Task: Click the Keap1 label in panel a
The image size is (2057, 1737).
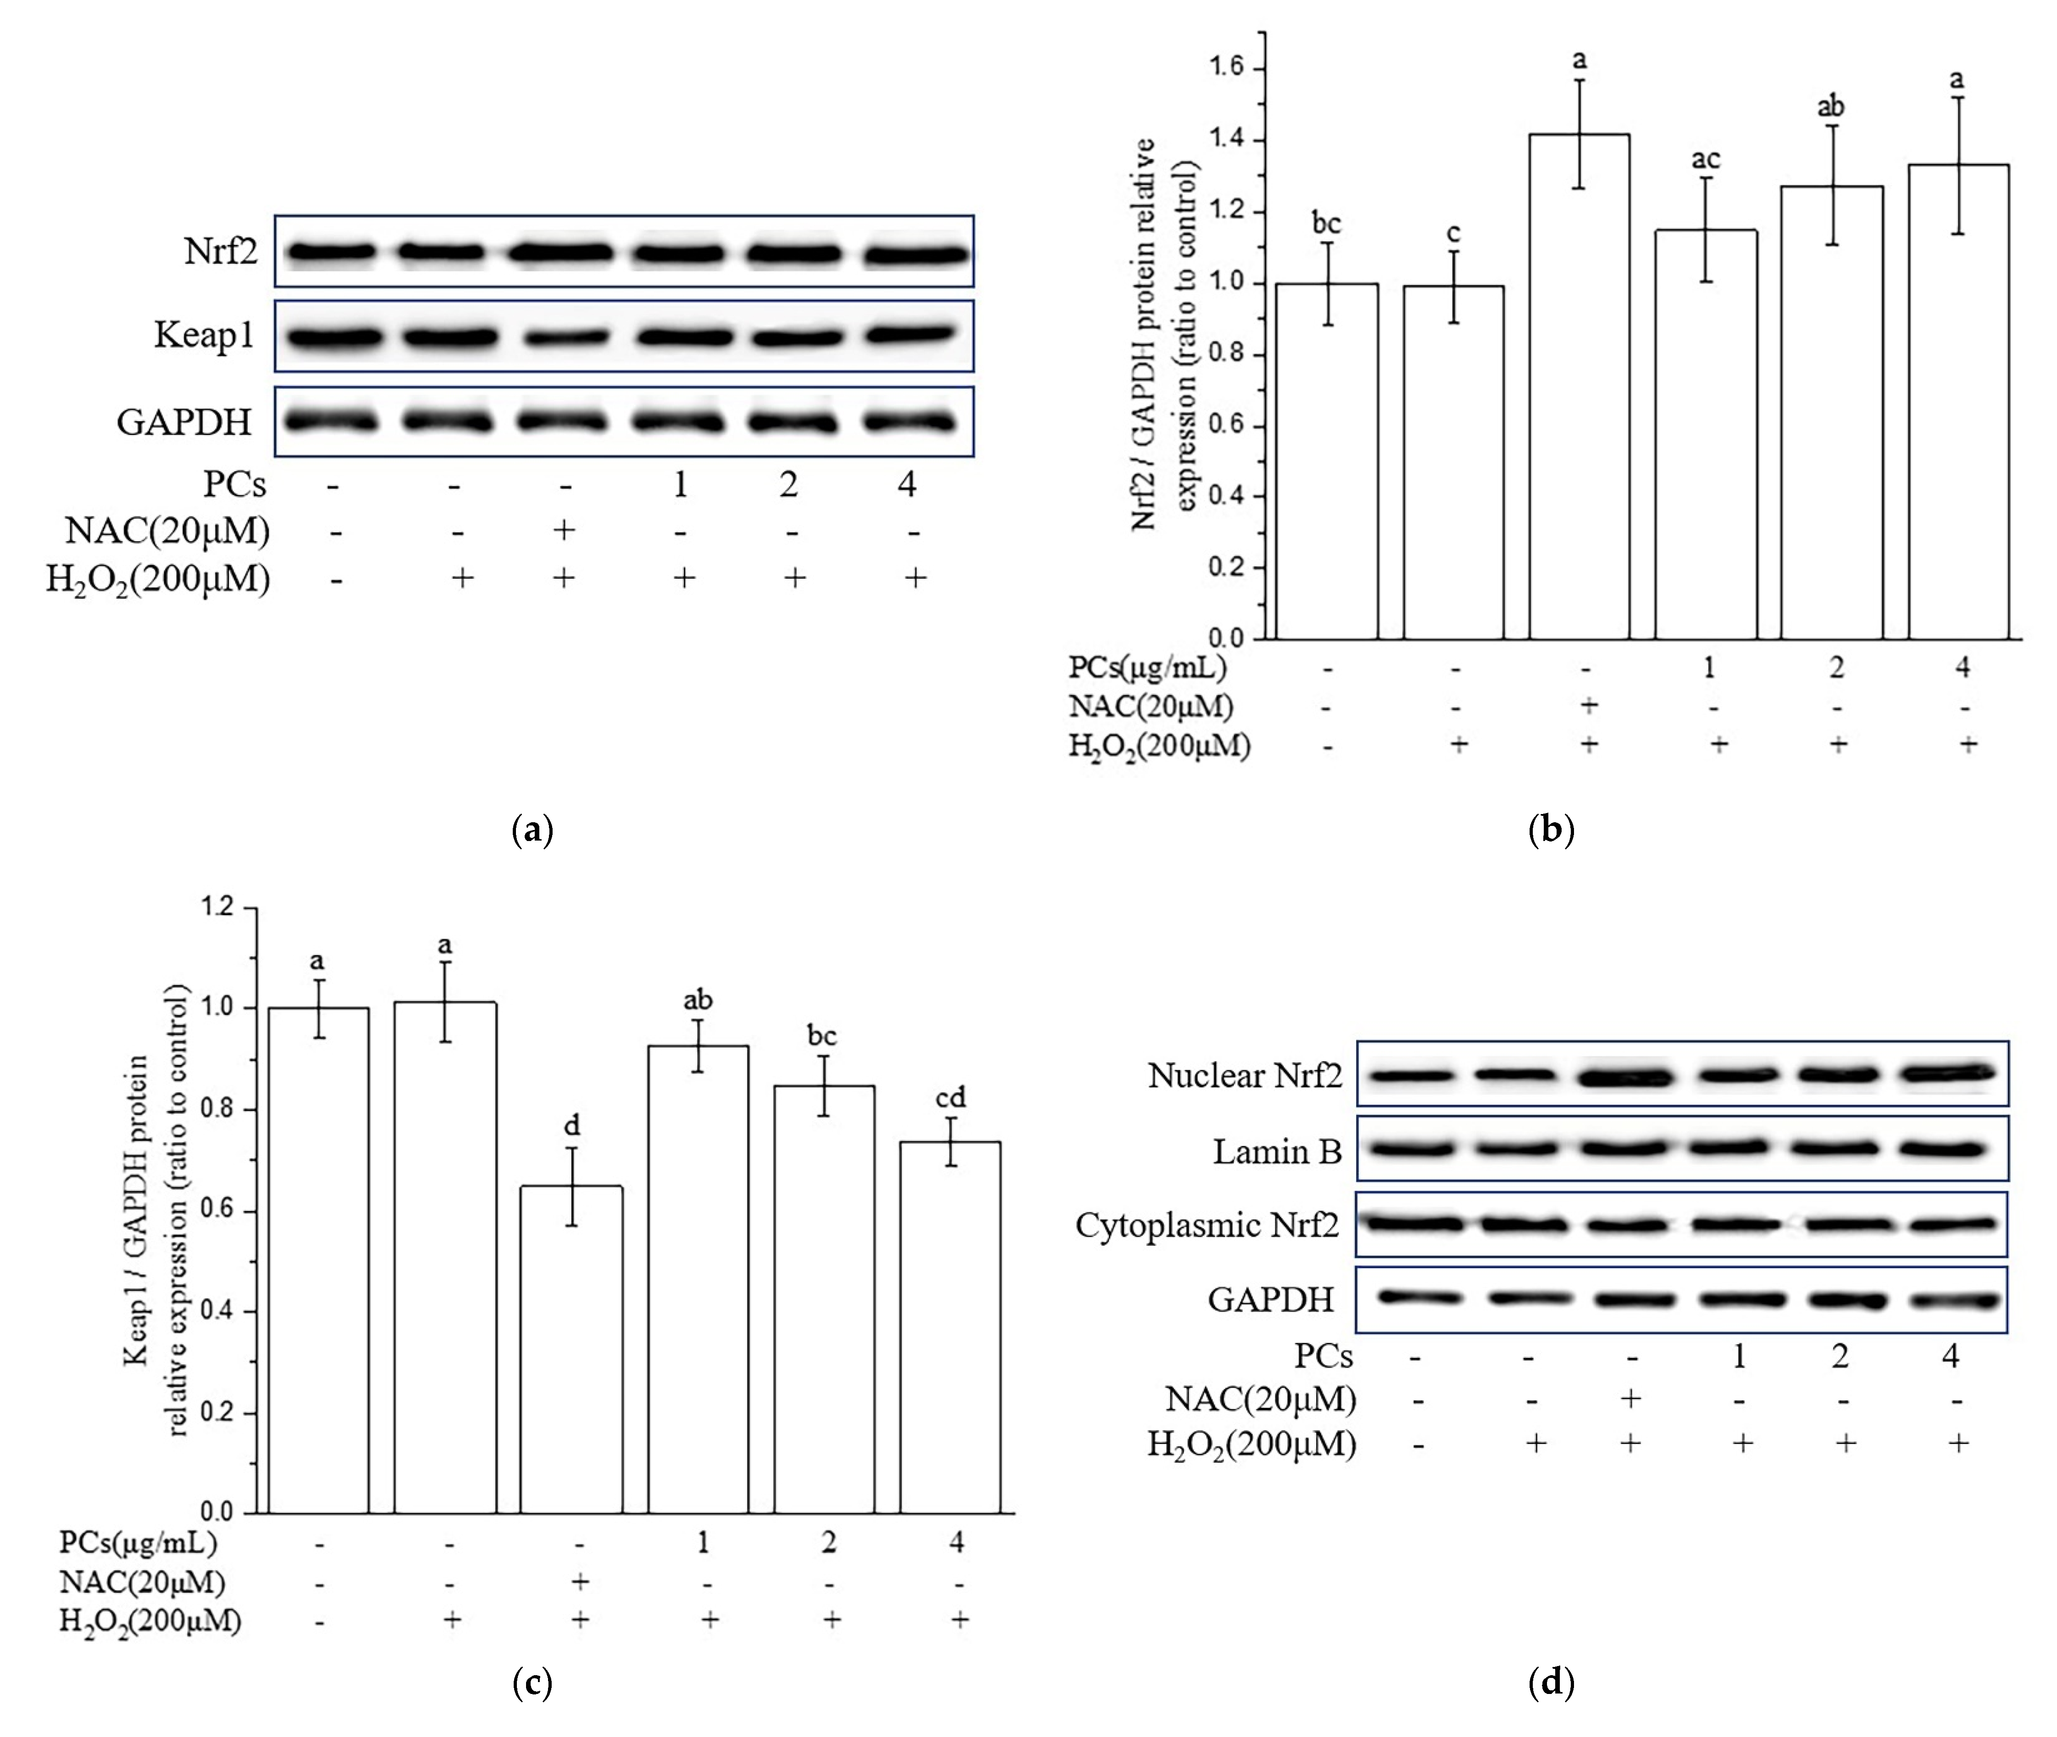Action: pos(204,336)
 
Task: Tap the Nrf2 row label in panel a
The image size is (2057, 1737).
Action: pos(221,252)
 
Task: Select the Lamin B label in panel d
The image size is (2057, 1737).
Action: pos(1276,1151)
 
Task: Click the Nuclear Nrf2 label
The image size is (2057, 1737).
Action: pos(1245,1075)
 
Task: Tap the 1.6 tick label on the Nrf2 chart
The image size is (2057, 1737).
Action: pos(1227,68)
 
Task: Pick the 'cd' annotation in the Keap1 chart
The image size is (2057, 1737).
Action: pos(950,1097)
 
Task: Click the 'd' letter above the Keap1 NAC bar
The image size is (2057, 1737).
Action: pos(571,1124)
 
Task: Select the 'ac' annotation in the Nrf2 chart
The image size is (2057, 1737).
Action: pos(1705,158)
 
